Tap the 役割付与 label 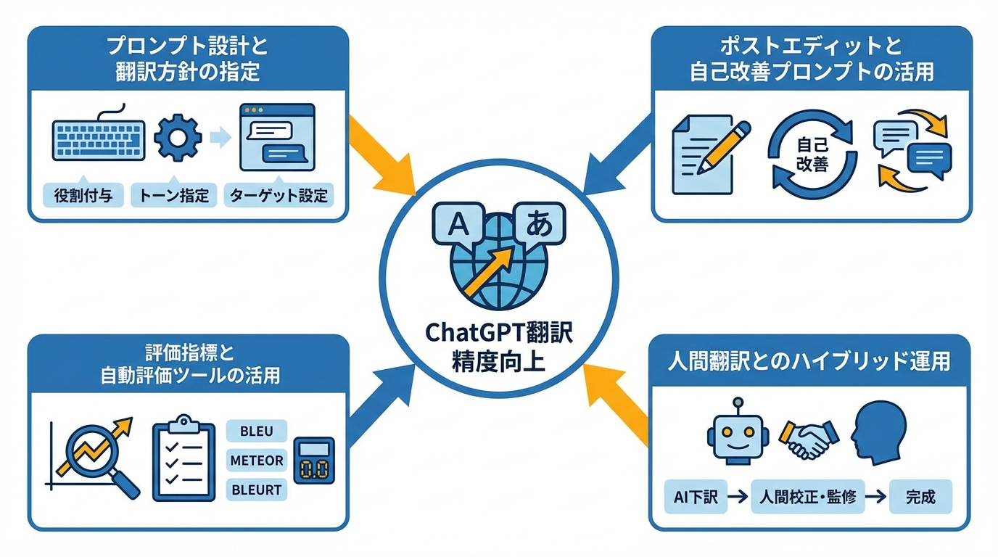pyautogui.click(x=83, y=195)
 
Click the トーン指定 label pyautogui.click(x=174, y=195)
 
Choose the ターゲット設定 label pyautogui.click(x=279, y=195)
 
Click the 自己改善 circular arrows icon pyautogui.click(x=812, y=154)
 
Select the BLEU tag pyautogui.click(x=256, y=431)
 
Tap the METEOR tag pyautogui.click(x=257, y=460)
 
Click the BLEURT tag pyautogui.click(x=256, y=490)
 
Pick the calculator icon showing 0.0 pyautogui.click(x=313, y=461)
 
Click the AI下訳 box pyautogui.click(x=695, y=498)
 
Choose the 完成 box pyautogui.click(x=920, y=498)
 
